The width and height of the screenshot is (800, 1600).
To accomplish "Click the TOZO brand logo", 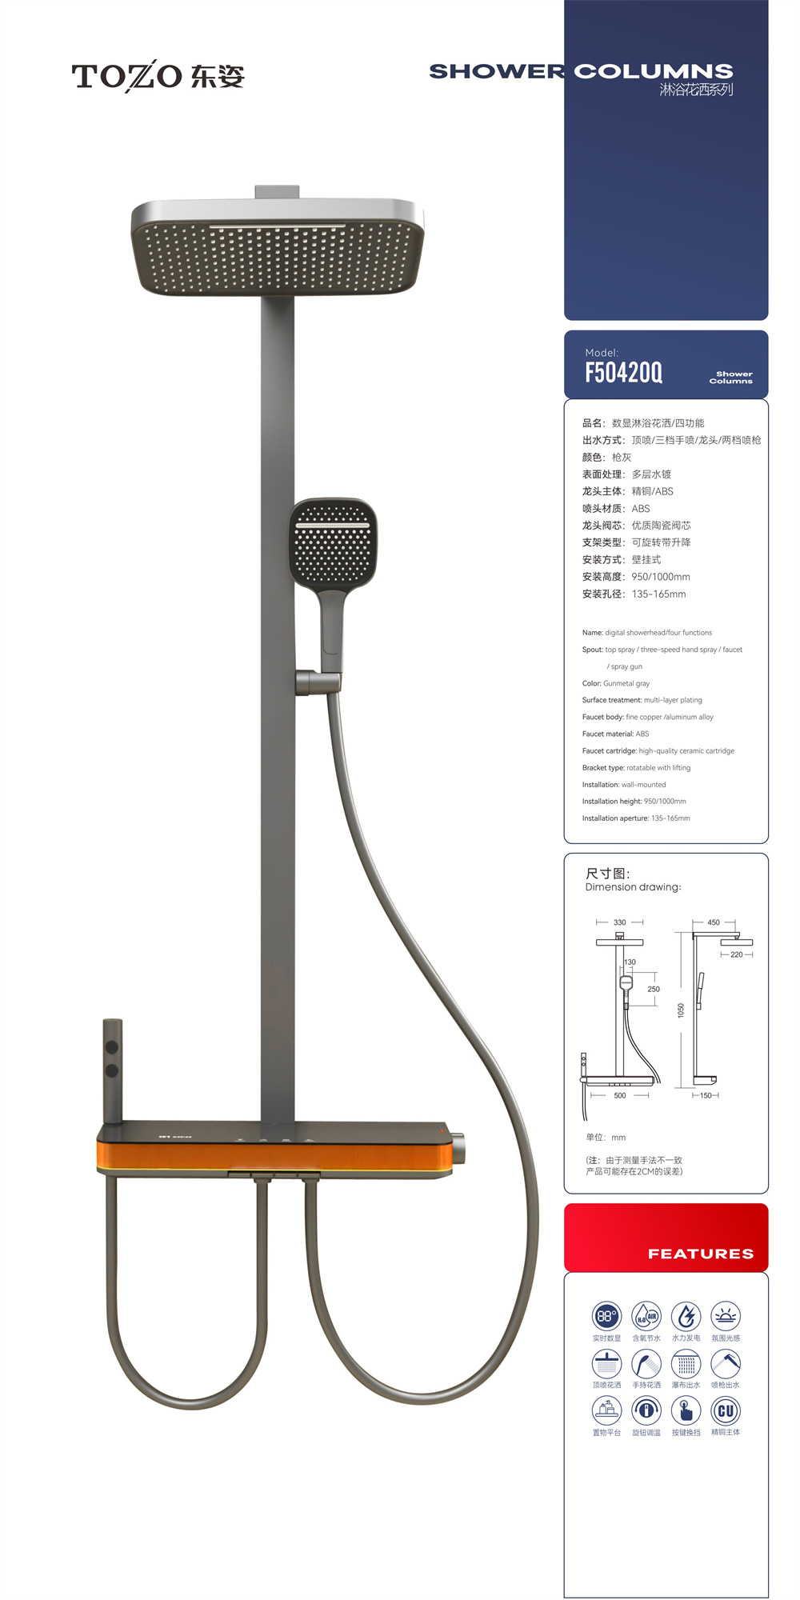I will (158, 76).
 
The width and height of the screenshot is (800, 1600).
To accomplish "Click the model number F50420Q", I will (623, 372).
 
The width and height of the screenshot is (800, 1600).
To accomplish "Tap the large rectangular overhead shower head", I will (277, 248).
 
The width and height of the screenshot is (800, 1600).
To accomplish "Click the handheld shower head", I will (332, 544).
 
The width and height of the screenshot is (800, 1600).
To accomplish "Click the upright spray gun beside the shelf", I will (112, 1068).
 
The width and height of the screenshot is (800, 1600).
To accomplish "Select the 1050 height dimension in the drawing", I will (681, 1010).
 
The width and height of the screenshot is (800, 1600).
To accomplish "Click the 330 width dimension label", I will (619, 922).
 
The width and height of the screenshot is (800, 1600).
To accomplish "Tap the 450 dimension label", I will (713, 922).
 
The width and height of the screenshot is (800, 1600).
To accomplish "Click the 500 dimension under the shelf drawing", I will (619, 1095).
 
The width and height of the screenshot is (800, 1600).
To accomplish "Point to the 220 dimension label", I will (736, 954).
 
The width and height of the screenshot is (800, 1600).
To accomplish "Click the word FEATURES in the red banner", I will (700, 1254).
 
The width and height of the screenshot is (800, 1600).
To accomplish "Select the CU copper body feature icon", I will (726, 1410).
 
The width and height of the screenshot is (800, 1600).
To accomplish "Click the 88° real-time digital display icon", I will (606, 1315).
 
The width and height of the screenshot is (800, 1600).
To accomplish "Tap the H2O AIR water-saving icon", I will (646, 1315).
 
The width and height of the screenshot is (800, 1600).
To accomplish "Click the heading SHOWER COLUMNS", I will (581, 71).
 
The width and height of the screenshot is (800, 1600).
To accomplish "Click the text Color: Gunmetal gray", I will (615, 683).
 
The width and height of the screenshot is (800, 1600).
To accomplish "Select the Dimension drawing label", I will (633, 887).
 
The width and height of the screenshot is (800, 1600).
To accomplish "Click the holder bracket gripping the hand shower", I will (318, 682).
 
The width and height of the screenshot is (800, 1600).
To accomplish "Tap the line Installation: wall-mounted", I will (623, 785).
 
